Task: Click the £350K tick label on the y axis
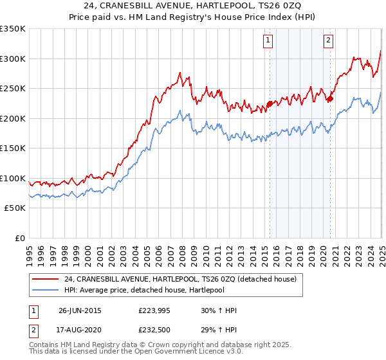[x=13, y=29]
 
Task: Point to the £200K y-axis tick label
[x=13, y=118]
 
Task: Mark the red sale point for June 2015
[x=270, y=104]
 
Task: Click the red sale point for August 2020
[x=330, y=98]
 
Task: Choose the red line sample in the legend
[x=46, y=279]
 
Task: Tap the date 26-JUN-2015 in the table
[x=80, y=310]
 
